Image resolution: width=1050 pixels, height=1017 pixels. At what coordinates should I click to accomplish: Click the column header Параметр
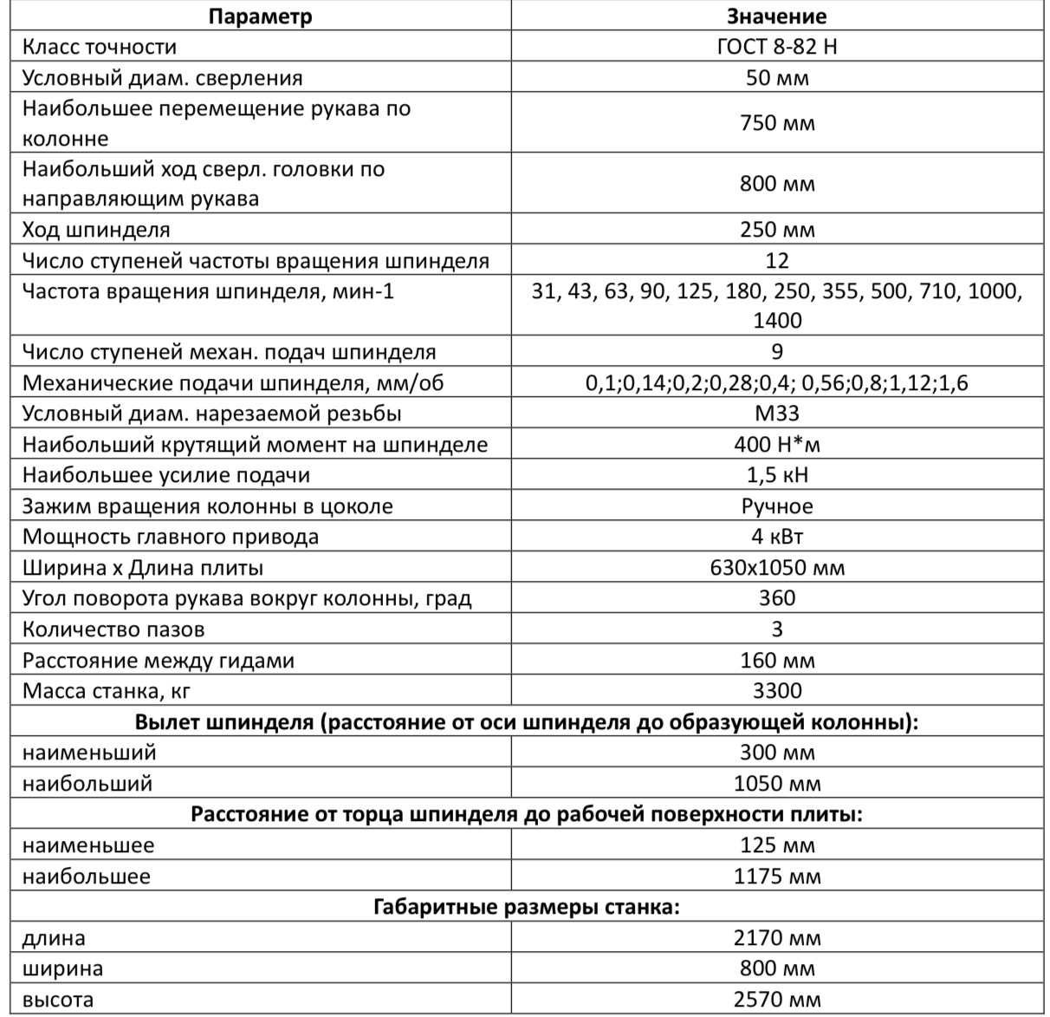click(261, 16)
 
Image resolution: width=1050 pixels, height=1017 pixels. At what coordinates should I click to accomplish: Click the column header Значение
click(777, 16)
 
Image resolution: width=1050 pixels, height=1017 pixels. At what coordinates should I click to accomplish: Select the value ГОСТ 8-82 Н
click(777, 47)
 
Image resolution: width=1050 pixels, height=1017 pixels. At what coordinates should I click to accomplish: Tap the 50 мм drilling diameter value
click(777, 78)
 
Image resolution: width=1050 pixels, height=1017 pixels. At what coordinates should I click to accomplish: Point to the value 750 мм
click(777, 123)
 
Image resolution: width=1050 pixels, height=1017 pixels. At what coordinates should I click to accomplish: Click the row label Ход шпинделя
click(96, 230)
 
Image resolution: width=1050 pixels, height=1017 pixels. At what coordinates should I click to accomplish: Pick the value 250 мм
click(777, 230)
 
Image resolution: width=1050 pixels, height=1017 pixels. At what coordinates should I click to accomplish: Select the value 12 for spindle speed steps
click(777, 260)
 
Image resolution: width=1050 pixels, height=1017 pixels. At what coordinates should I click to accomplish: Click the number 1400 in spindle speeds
click(777, 320)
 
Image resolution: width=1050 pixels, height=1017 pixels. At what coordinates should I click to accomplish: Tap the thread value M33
click(777, 414)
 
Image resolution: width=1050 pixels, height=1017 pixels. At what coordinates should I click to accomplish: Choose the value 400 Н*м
click(777, 445)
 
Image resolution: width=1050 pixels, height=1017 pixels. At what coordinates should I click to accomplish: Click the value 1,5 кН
click(777, 475)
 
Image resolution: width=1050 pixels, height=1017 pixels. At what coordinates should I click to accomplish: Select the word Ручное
click(777, 506)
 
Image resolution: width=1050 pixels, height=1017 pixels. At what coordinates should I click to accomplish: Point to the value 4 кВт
click(777, 537)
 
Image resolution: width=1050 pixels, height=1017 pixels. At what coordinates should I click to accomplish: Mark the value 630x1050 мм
click(777, 568)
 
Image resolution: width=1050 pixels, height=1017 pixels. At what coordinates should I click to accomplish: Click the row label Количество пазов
click(113, 629)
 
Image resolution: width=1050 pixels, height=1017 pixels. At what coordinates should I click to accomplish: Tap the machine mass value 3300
click(777, 691)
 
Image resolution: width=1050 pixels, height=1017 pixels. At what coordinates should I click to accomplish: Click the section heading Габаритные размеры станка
click(526, 908)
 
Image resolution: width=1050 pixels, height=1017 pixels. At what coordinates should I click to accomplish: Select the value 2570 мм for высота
click(777, 1000)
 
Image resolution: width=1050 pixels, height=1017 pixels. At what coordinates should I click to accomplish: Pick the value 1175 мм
click(777, 877)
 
